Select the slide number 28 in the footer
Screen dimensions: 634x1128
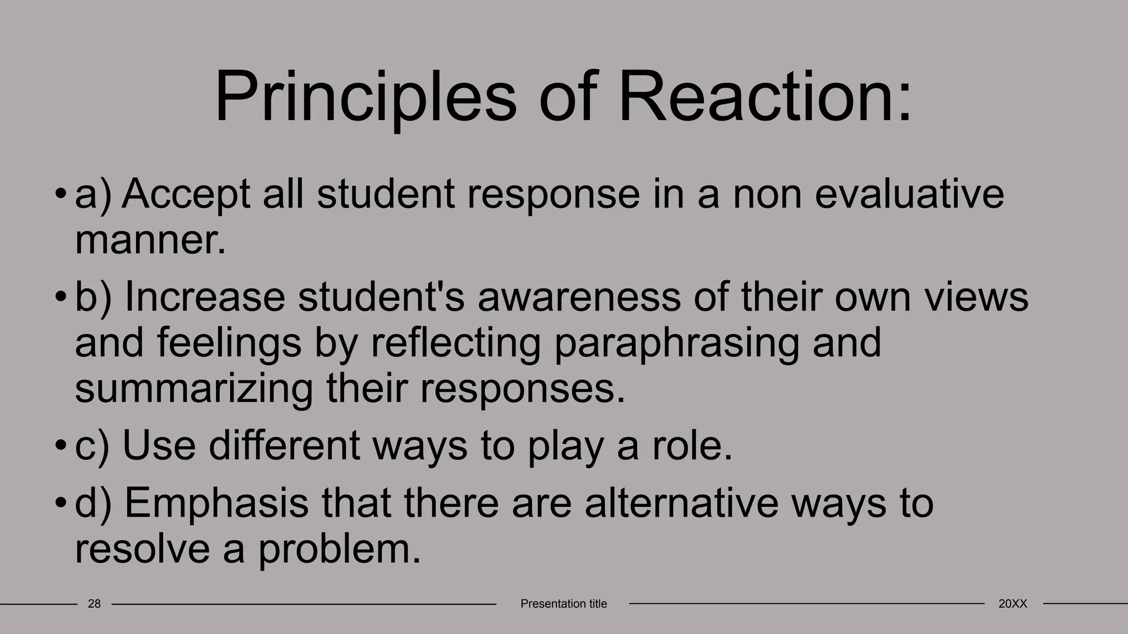coord(94,604)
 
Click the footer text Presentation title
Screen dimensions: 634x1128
coord(563,604)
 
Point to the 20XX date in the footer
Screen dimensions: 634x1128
coord(1012,604)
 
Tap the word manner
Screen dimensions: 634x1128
coord(150,241)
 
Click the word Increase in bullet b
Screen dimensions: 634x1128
coord(205,297)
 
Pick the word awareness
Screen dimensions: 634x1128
coord(579,297)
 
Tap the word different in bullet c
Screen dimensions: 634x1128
coord(284,446)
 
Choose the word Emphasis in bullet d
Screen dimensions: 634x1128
coord(216,503)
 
